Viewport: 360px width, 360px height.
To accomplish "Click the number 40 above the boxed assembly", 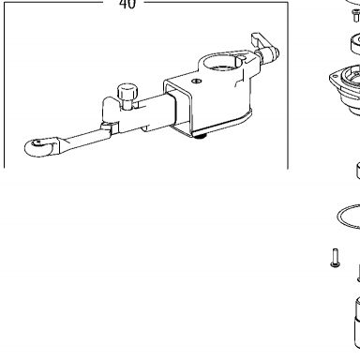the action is click(127, 4).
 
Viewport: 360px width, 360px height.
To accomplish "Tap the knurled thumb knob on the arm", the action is click(127, 94).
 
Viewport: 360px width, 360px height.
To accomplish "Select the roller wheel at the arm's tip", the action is click(40, 147).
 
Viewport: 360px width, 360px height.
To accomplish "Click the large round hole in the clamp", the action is click(222, 62).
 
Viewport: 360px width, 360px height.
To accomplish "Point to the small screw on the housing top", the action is click(196, 82).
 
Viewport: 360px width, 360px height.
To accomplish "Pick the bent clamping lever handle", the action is click(258, 41).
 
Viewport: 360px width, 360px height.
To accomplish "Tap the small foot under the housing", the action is click(200, 136).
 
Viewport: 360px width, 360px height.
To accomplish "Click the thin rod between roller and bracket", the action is click(84, 138).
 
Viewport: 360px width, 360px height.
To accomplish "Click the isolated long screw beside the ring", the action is click(335, 258).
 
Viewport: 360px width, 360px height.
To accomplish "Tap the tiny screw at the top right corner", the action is click(356, 15).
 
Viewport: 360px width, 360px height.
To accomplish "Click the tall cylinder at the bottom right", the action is click(357, 322).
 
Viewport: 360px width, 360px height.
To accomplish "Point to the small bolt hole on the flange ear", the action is click(336, 76).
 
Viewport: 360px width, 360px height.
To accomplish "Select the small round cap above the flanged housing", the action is click(355, 44).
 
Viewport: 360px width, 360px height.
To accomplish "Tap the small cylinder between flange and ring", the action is click(358, 171).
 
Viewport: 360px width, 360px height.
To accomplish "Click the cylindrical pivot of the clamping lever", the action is click(267, 54).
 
